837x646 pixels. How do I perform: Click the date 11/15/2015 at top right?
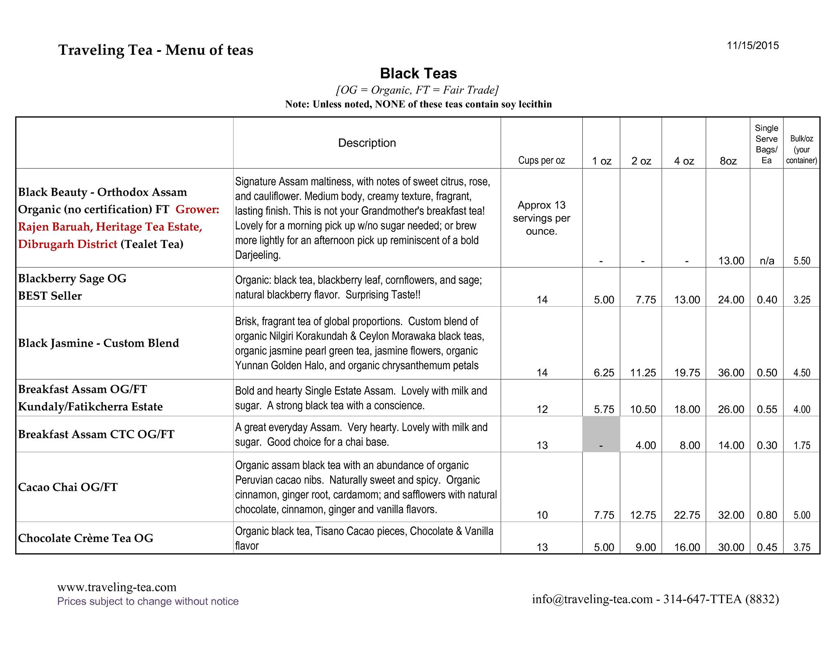click(753, 46)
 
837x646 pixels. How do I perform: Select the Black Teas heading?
click(418, 74)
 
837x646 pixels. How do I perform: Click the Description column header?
click(367, 143)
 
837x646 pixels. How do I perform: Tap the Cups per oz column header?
click(541, 160)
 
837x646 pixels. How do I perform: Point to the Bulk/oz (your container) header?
click(801, 149)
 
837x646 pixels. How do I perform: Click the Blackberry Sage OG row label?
click(72, 278)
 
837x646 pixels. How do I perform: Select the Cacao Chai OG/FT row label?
click(68, 487)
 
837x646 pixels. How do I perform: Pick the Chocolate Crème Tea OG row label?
click(86, 538)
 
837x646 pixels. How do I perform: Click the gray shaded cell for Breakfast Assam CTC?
click(601, 434)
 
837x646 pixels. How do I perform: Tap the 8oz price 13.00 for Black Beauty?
click(731, 261)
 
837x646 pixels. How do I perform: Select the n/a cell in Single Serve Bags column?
click(767, 261)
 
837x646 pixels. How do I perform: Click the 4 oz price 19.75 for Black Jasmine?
click(687, 373)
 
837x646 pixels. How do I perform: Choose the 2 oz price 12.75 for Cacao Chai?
click(643, 515)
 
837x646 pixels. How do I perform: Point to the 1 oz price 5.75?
click(604, 410)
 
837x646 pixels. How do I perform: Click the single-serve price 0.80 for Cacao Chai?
click(767, 515)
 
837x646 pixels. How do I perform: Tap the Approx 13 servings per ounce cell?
click(541, 218)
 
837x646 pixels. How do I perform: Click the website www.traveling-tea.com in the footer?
click(117, 587)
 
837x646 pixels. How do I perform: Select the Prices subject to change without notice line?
click(148, 601)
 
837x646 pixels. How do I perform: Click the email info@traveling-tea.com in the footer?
click(592, 599)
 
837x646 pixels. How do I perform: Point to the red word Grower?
click(197, 209)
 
